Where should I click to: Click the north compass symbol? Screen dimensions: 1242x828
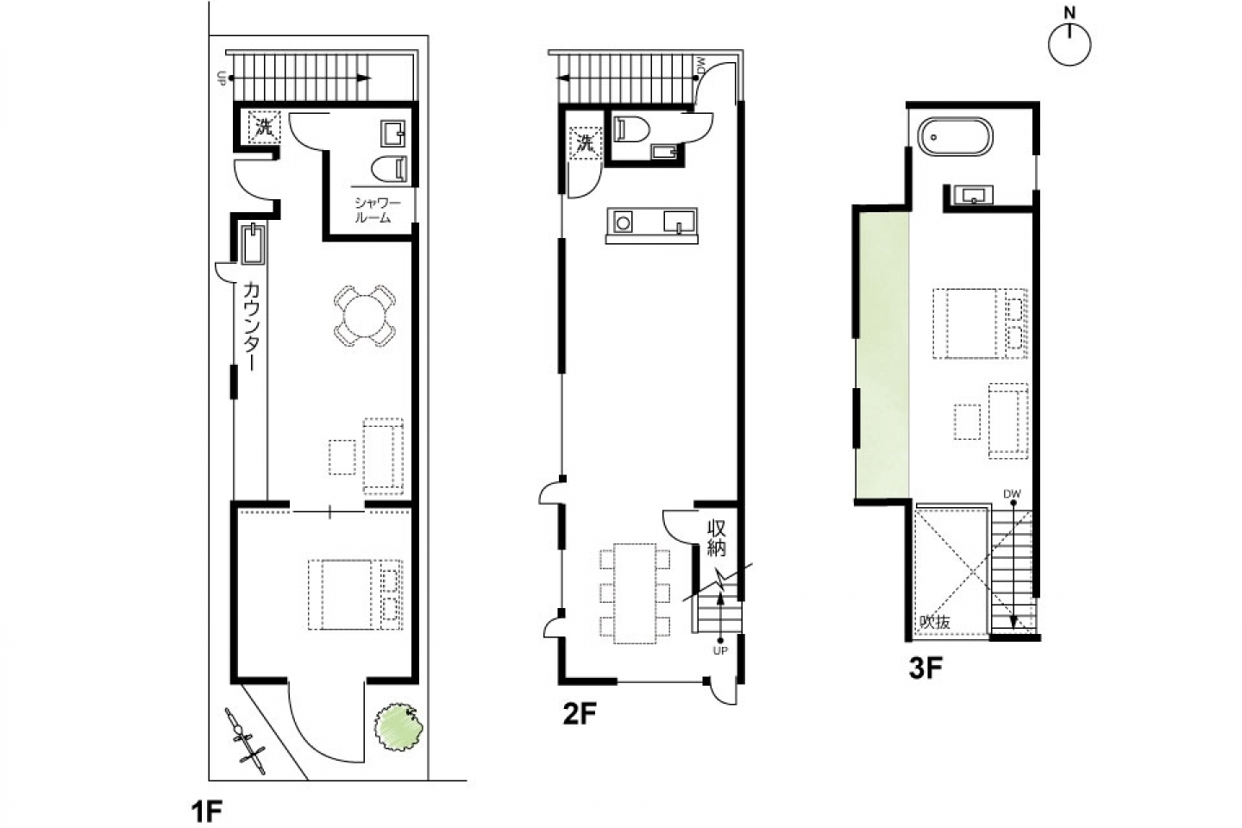coord(1069,39)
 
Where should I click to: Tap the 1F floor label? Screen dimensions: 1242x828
coord(206,812)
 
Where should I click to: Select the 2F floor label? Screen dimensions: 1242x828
coord(579,714)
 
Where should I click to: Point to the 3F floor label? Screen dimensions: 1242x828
coord(925,668)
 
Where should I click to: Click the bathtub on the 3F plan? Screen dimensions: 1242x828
coord(955,136)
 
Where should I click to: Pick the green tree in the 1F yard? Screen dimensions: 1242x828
coord(398,726)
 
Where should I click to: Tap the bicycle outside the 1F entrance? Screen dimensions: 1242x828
coord(245,740)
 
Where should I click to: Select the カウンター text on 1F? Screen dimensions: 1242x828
coord(251,325)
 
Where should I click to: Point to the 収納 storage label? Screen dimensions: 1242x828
coord(716,538)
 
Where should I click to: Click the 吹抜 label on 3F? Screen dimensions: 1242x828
coord(935,622)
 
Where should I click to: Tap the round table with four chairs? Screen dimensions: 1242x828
coord(365,317)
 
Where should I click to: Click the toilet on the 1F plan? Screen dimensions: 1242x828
coord(389,168)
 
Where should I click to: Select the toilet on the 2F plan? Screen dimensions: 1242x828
coord(631,129)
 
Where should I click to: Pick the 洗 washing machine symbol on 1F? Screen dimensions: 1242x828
coord(264,127)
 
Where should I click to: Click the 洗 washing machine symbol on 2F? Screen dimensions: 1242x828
coord(585,144)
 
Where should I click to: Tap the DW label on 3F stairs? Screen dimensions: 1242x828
coord(1012,493)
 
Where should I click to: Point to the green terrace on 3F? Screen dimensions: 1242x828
coord(882,355)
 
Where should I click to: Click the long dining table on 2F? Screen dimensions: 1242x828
coord(635,593)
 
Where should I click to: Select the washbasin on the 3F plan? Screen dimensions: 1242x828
coord(973,195)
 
